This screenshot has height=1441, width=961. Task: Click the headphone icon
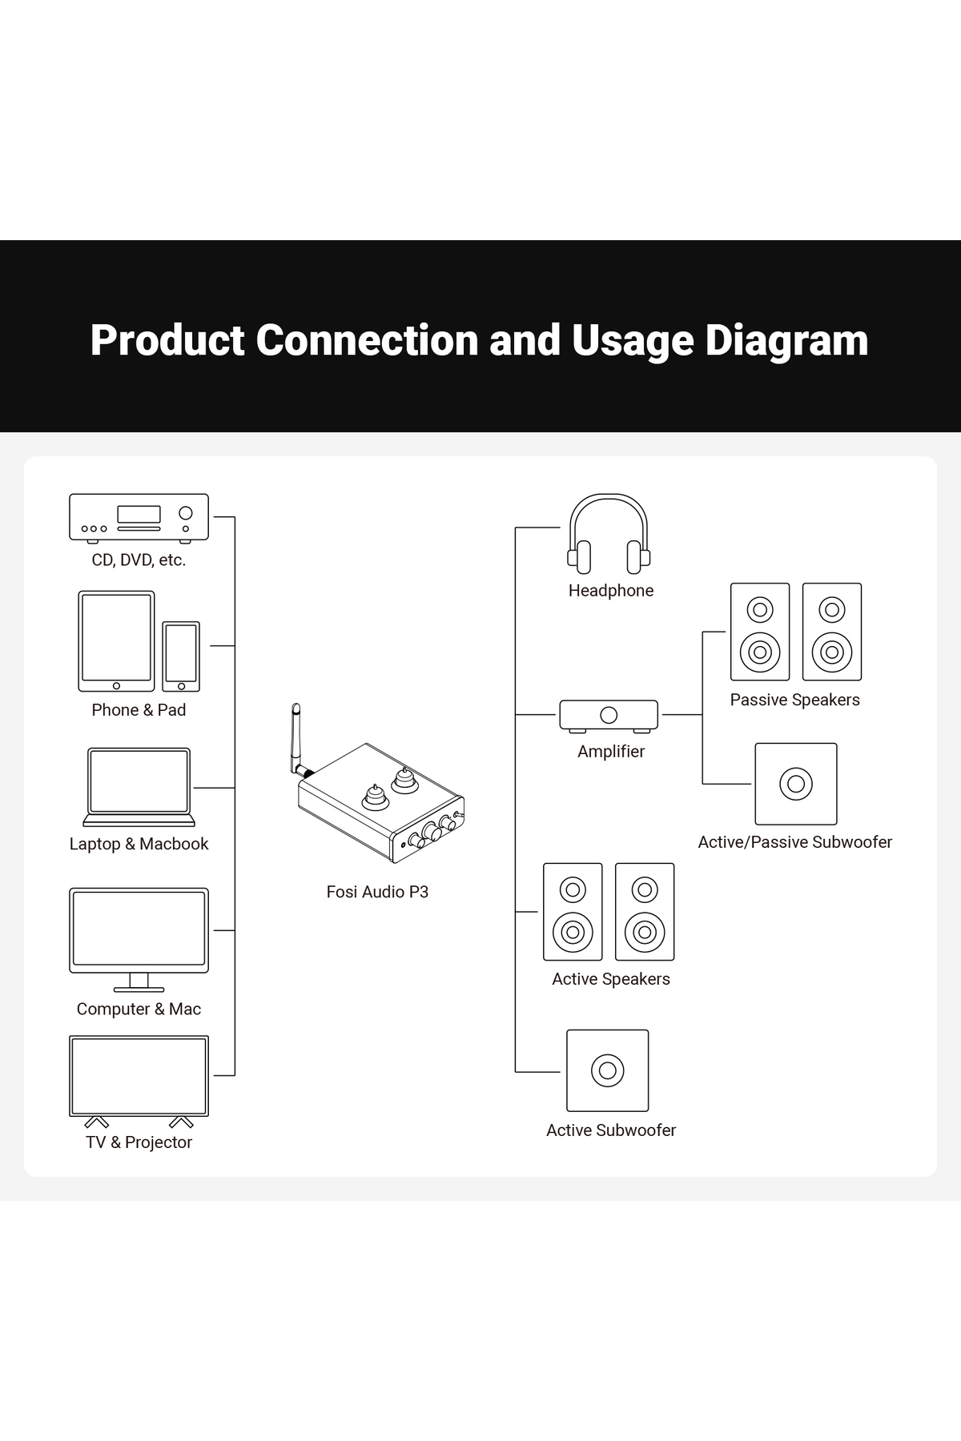pos(609,534)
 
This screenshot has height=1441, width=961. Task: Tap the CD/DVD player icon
pos(139,517)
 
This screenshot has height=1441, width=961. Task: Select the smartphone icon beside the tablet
pos(181,656)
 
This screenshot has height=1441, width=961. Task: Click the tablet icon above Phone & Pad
pos(116,641)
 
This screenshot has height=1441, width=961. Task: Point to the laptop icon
pos(139,786)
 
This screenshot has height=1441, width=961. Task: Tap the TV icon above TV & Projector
pos(139,1076)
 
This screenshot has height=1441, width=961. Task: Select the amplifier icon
pos(609,715)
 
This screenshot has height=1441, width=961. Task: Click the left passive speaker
pos(760,632)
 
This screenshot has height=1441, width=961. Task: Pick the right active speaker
pos(645,912)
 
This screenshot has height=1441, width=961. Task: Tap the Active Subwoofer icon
pos(607,1070)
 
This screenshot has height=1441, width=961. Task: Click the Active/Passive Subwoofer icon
pos(795,784)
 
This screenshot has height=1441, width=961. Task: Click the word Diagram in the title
pos(786,340)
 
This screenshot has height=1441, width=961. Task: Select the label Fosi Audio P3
pos(377,892)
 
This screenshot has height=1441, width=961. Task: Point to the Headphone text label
pos(611,591)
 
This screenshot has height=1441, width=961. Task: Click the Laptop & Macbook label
pos(139,844)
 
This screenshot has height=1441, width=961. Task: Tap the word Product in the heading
pos(167,340)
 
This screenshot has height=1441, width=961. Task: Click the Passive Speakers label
pos(794,700)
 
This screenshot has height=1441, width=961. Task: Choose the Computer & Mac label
pos(139,1009)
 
